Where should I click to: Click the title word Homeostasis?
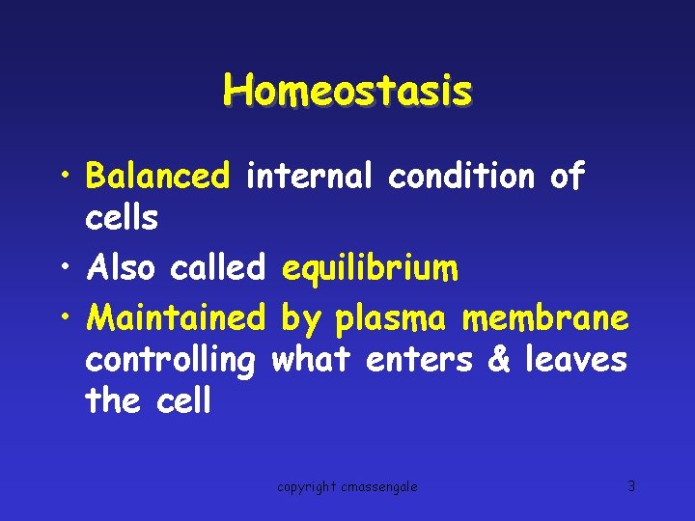[347, 92]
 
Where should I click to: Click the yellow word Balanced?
[158, 177]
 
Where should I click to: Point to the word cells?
[122, 219]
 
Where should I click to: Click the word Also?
[121, 268]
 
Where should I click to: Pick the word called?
[217, 268]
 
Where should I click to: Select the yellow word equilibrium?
[370, 269]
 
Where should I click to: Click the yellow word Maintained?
[175, 316]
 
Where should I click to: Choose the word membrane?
[545, 316]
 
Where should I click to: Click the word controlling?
[170, 360]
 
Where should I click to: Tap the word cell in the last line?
[182, 400]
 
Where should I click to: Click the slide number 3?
[631, 486]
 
